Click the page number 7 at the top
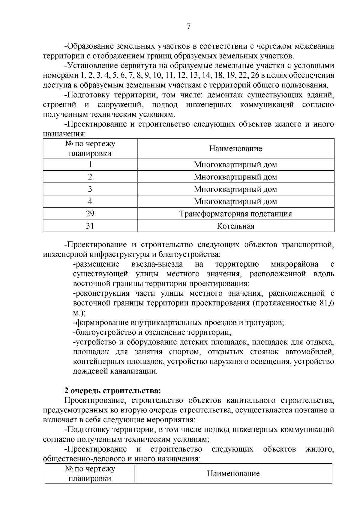188,27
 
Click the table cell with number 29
90,214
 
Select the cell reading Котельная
235,226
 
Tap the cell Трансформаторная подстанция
235,214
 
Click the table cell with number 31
90,226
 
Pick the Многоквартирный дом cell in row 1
235,165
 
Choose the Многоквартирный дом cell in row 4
235,202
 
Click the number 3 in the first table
90,189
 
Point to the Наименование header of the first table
235,148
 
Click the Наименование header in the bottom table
233,474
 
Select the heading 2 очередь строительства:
112,391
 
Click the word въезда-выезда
157,264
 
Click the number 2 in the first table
90,177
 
